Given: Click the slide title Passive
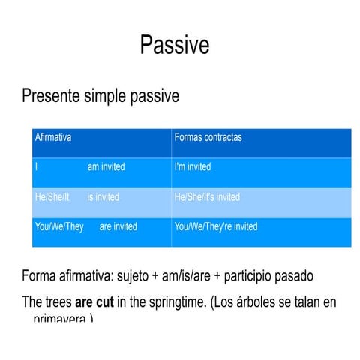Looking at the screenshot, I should [x=174, y=46].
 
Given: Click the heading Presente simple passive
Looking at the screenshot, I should [x=100, y=97].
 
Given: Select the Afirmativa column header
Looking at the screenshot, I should [x=53, y=138].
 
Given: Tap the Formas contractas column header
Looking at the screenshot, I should [x=208, y=138].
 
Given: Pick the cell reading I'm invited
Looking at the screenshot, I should [x=193, y=167].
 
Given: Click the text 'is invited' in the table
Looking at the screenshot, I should [x=103, y=197].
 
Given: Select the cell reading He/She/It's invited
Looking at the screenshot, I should [x=207, y=197].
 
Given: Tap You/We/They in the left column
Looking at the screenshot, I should [x=59, y=226].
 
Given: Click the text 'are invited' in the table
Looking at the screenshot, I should [x=118, y=226].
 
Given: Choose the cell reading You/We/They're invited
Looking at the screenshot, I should [x=215, y=226].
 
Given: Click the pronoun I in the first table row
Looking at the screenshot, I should [x=36, y=167].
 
